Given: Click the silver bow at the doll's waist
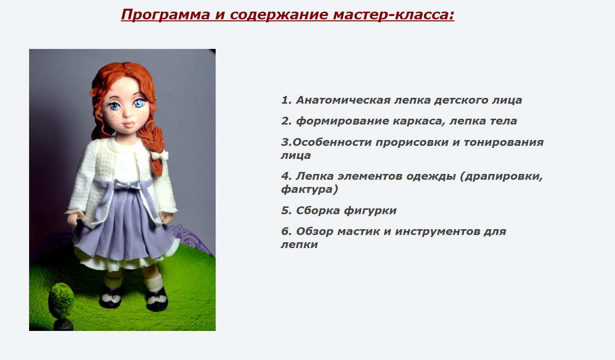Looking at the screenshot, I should pos(122,185).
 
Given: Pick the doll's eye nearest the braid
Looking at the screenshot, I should pos(140,103).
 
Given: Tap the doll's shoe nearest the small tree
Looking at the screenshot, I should pos(110,297).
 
